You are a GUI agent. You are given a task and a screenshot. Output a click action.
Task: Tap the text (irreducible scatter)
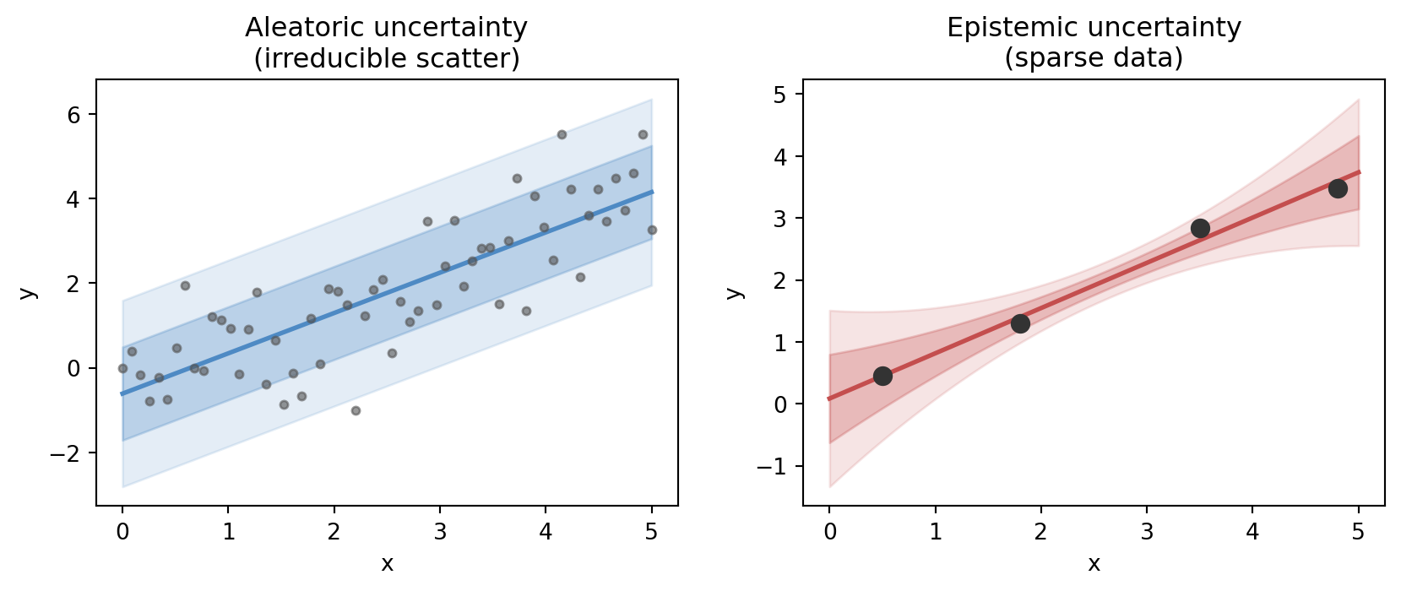(x=387, y=58)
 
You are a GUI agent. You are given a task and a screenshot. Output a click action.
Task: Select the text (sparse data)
(x=1094, y=58)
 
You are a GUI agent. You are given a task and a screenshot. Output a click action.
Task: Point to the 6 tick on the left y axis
(x=73, y=115)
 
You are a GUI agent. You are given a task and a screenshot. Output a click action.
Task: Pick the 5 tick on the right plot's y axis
(x=780, y=95)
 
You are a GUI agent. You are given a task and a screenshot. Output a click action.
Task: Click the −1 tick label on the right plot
(x=774, y=467)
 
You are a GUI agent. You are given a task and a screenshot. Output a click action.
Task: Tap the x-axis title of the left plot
(x=387, y=564)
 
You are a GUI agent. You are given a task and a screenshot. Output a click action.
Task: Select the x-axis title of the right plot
(x=1094, y=564)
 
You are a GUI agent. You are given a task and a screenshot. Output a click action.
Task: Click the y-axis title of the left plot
(x=28, y=293)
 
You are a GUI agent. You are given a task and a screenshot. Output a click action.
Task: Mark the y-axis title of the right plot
(x=735, y=293)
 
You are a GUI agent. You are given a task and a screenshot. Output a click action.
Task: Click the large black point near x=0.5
(x=882, y=376)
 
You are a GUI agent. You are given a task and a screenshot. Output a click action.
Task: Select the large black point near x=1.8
(x=1020, y=323)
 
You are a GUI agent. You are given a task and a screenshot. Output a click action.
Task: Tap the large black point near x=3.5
(x=1200, y=228)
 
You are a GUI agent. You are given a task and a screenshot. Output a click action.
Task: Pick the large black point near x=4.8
(x=1338, y=188)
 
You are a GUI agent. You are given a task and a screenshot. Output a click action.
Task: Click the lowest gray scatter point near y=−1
(x=356, y=410)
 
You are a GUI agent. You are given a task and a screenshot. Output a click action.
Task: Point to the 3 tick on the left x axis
(x=440, y=532)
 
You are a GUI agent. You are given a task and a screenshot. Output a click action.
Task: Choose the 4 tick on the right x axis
(x=1252, y=532)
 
